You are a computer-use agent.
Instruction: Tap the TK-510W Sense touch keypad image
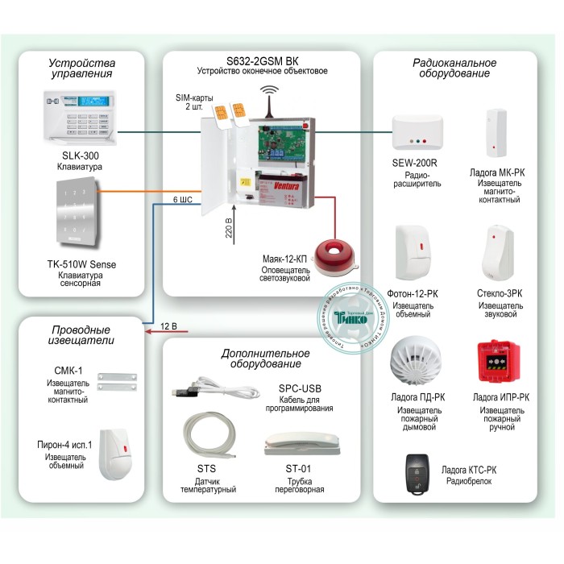[x=77, y=214]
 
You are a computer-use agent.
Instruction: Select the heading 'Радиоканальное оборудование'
[x=454, y=68]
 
